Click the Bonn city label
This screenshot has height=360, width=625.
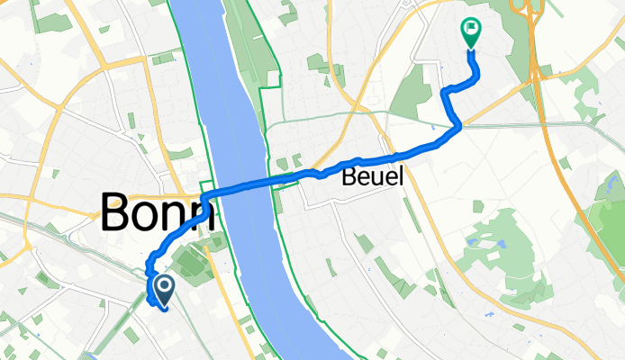155,213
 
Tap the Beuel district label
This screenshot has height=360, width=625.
372,177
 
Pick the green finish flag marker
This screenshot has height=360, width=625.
470,32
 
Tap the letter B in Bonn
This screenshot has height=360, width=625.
115,213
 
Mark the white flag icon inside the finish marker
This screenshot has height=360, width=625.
470,30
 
